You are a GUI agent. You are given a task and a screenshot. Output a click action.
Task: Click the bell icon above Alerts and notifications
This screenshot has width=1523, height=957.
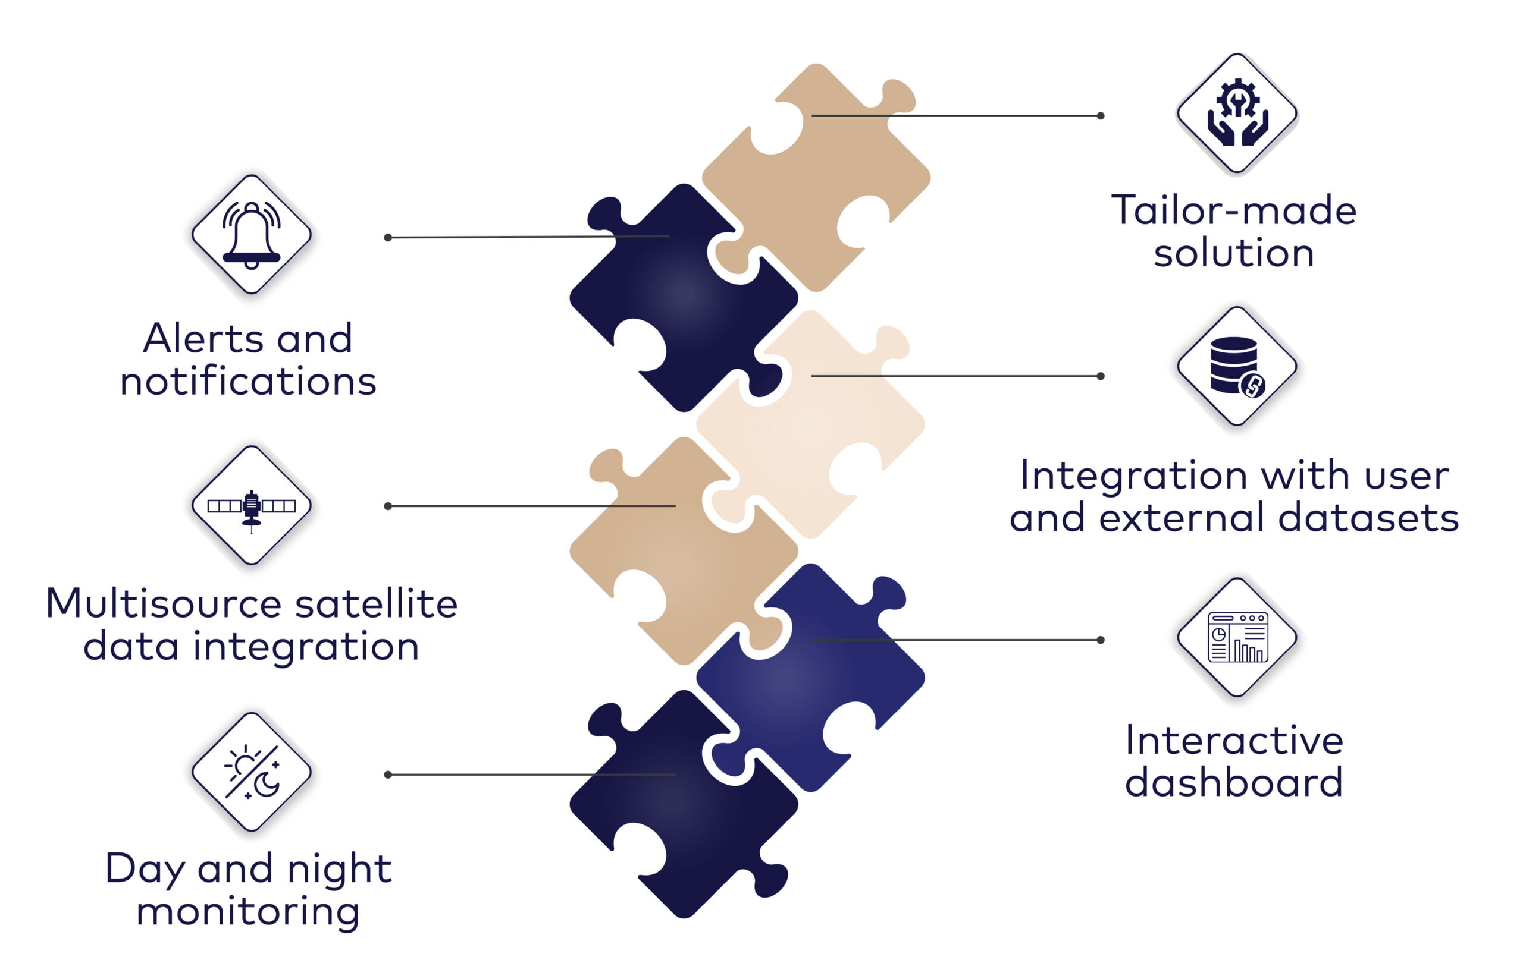[x=251, y=235]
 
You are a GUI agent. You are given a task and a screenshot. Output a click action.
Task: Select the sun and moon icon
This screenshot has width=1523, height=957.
[x=251, y=772]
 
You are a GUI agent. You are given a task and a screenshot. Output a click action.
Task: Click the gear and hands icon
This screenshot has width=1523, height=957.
[x=1237, y=112]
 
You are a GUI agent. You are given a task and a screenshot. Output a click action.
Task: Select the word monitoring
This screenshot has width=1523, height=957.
[x=248, y=911]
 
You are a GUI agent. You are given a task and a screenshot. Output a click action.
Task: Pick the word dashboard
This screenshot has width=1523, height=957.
[x=1234, y=782]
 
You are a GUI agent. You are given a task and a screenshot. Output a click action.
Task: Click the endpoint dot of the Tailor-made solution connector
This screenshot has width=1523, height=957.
[x=1101, y=116]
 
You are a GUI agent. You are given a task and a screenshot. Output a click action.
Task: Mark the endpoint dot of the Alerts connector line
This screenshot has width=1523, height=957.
[x=388, y=238]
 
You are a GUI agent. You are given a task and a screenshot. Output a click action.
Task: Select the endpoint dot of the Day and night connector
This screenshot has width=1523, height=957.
[x=388, y=775]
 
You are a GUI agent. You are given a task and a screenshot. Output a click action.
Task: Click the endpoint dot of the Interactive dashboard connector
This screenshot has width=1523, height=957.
[x=1101, y=640]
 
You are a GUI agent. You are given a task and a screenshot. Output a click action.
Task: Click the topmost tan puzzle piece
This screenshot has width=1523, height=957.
[x=816, y=178]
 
